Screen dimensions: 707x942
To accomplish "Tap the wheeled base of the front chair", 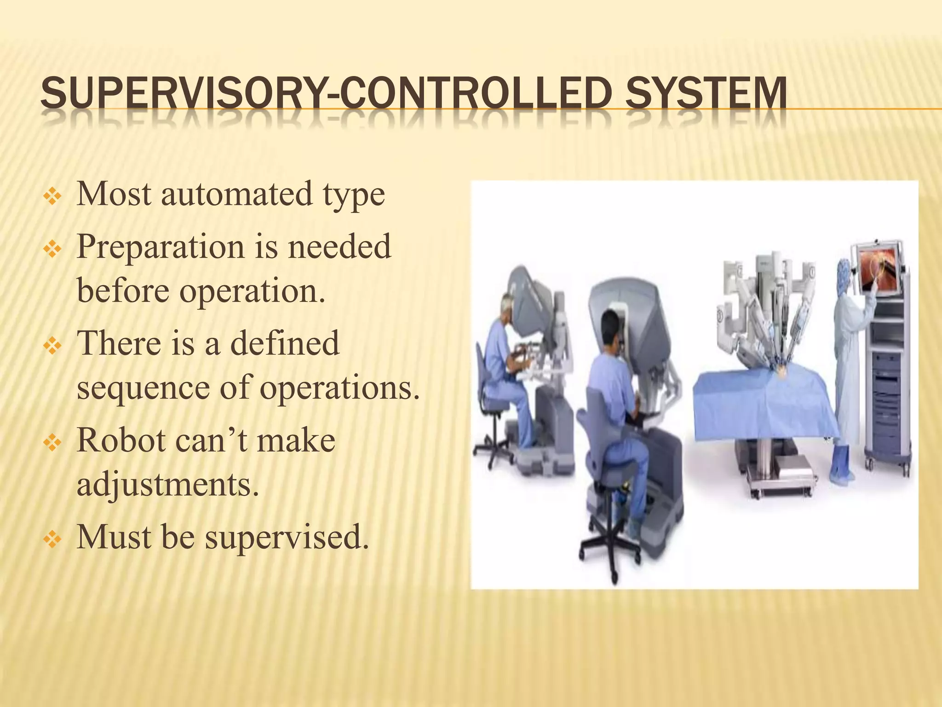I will point(608,557).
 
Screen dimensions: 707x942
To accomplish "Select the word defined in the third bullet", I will point(284,343).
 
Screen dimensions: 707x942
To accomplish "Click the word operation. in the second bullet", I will point(252,291).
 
